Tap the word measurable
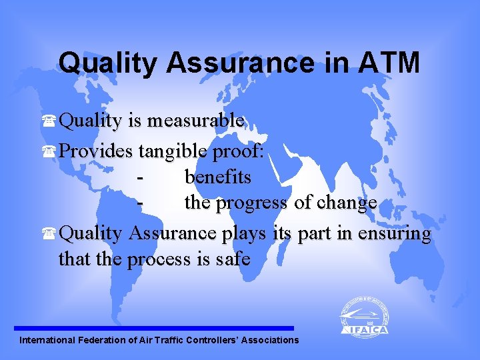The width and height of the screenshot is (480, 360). (196, 121)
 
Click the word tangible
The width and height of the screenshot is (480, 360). (173, 151)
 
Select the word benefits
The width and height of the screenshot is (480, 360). (217, 177)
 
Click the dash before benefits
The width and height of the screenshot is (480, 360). (139, 178)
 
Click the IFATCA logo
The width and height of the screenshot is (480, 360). (364, 317)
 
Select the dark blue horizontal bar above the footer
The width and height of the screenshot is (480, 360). (153, 328)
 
